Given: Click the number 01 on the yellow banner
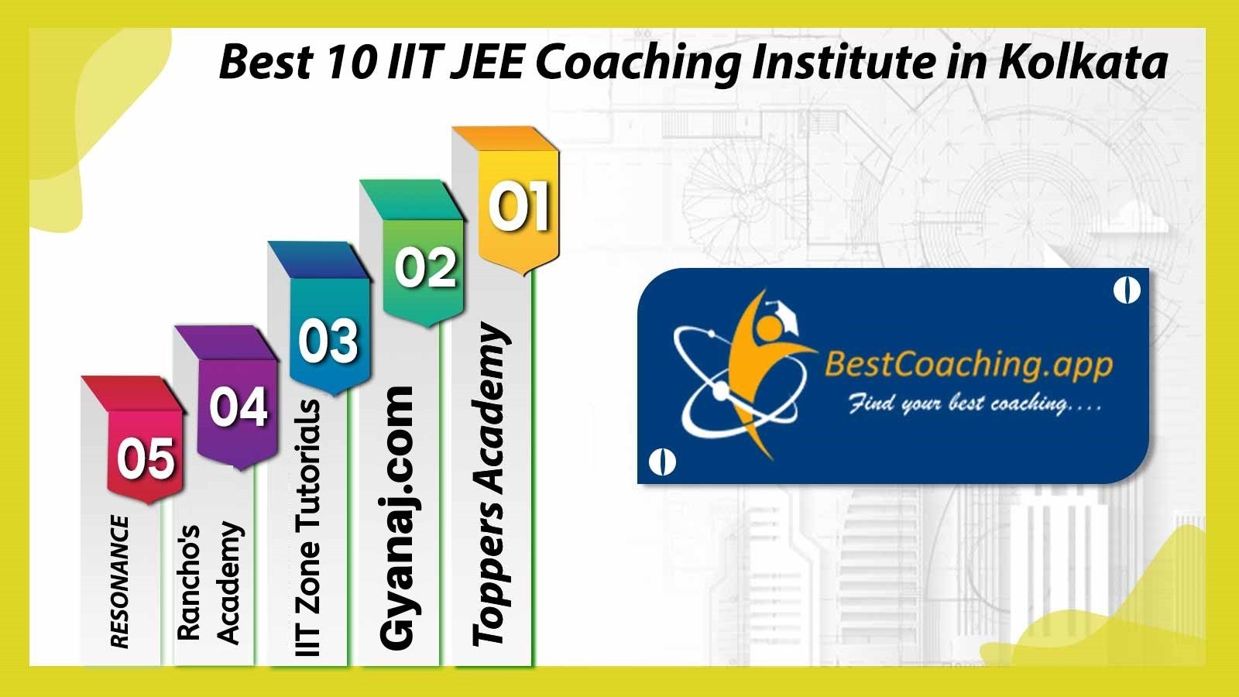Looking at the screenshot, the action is click(519, 206).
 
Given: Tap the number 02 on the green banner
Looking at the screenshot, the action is click(425, 268).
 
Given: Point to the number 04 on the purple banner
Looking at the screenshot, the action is click(239, 407).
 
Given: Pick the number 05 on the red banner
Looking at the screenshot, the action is click(146, 458).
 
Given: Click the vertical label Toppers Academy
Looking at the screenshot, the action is click(490, 485).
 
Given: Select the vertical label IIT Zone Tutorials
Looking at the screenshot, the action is click(307, 527).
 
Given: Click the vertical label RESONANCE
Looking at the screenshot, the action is click(119, 582).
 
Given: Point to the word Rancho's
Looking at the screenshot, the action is click(188, 582).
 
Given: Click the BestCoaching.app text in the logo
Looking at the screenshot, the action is click(969, 366).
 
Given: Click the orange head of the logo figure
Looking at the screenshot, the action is click(767, 328).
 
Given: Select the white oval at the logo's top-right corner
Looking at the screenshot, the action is click(1127, 290).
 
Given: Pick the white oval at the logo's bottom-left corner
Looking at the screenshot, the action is click(661, 462).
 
